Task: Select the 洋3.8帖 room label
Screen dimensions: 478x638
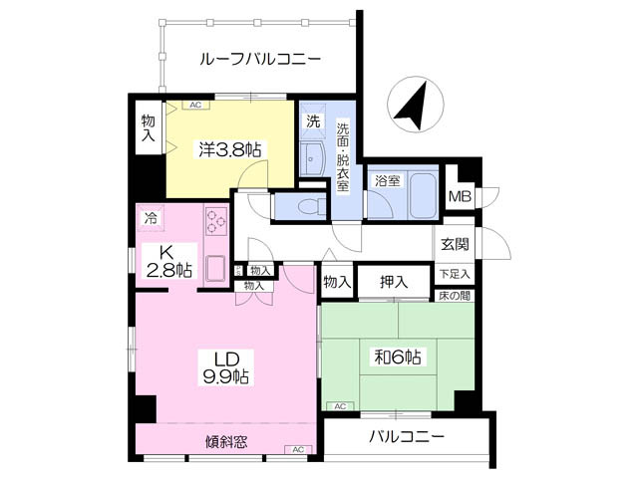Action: (x=228, y=150)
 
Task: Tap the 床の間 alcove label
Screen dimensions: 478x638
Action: (x=454, y=296)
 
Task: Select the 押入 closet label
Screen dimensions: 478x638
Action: (x=394, y=283)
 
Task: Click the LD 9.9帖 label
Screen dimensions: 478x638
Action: (x=226, y=367)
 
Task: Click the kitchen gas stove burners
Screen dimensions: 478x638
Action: (x=216, y=220)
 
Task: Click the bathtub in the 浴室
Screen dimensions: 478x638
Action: (x=424, y=196)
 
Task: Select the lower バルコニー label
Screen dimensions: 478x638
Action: (x=407, y=437)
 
